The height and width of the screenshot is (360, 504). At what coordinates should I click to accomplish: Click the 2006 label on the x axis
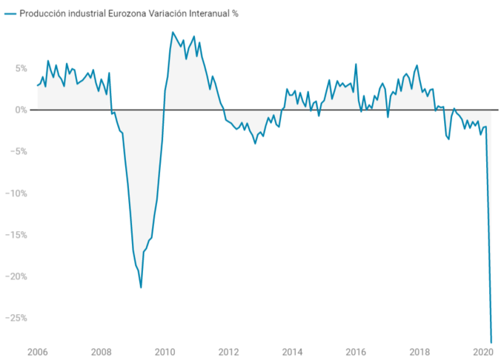(x=38, y=352)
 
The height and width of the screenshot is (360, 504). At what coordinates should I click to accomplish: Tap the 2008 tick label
(x=102, y=352)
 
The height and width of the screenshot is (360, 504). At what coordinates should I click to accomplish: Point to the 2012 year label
(x=228, y=352)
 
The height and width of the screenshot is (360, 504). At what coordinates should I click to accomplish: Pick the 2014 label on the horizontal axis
(x=292, y=352)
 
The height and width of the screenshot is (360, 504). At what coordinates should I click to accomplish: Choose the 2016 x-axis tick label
(x=356, y=352)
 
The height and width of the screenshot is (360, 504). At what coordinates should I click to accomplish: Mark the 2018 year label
(x=420, y=352)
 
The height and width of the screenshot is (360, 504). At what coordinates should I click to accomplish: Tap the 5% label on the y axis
(x=21, y=68)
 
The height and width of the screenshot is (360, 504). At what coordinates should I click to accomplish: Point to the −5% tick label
(x=19, y=151)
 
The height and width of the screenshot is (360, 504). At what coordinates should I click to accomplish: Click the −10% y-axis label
(x=17, y=193)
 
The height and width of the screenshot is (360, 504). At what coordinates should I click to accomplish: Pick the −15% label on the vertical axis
(x=17, y=235)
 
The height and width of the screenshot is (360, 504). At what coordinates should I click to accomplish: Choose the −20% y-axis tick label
(x=17, y=276)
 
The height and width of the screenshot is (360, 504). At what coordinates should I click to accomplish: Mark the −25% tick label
(x=17, y=318)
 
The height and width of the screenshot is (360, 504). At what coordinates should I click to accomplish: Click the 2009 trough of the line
(x=141, y=287)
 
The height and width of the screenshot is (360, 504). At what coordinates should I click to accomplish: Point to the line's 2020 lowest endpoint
(x=491, y=341)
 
